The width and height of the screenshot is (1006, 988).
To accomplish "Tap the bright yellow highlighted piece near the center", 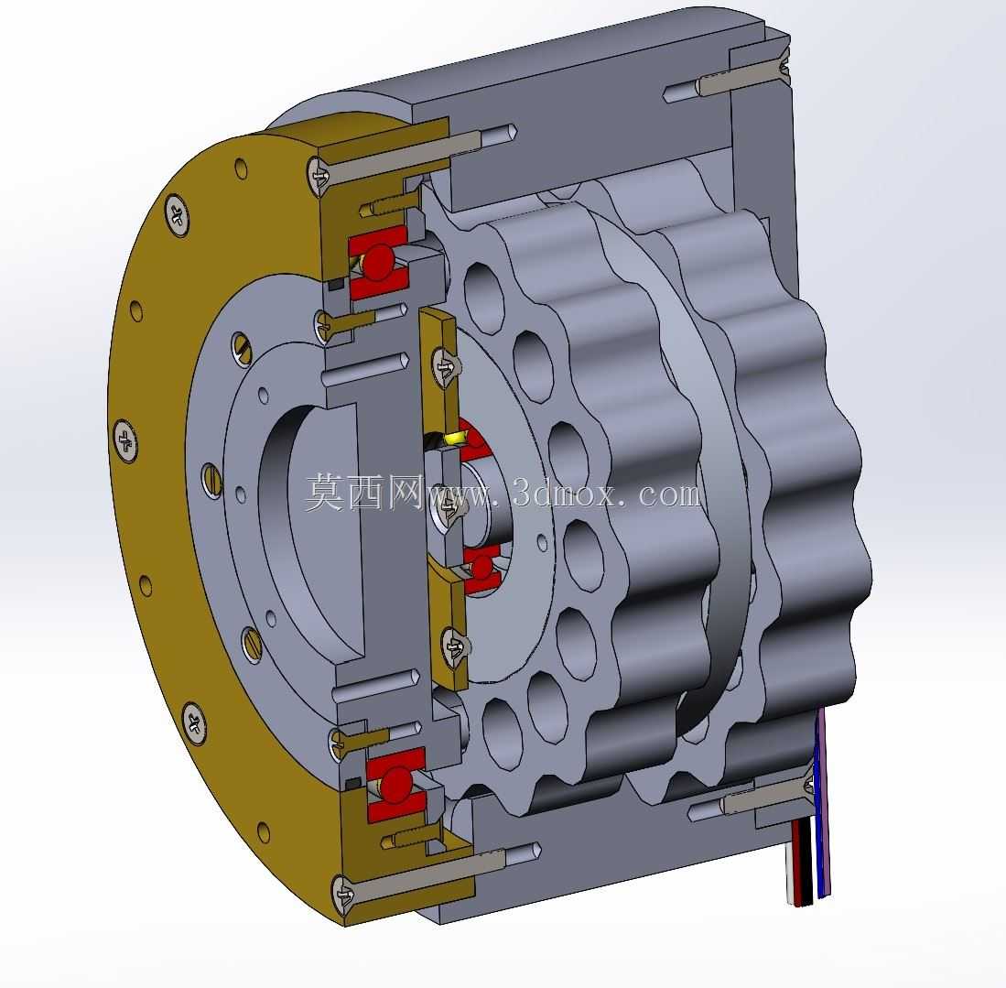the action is point(459,439).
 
